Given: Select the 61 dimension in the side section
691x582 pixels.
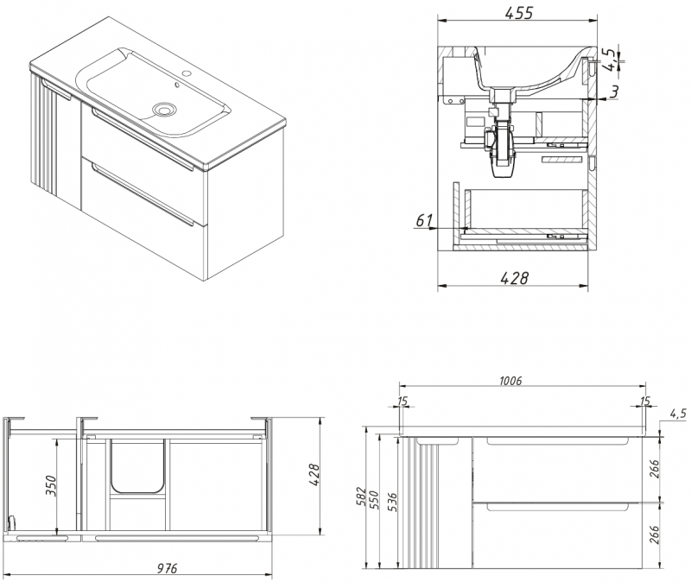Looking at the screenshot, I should (423, 221).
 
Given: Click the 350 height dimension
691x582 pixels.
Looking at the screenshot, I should (53, 487).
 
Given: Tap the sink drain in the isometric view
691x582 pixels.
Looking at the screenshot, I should (163, 110).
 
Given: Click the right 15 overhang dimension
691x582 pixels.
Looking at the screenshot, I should (645, 400).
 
